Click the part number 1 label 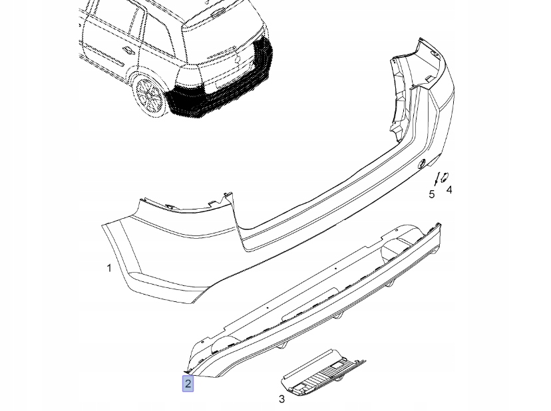point(109,268)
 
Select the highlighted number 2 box point(188,384)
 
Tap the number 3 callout point(281,399)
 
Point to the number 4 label point(449,190)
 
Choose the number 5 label point(432,194)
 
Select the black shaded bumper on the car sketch point(220,96)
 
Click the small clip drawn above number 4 point(445,176)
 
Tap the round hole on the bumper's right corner point(421,164)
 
